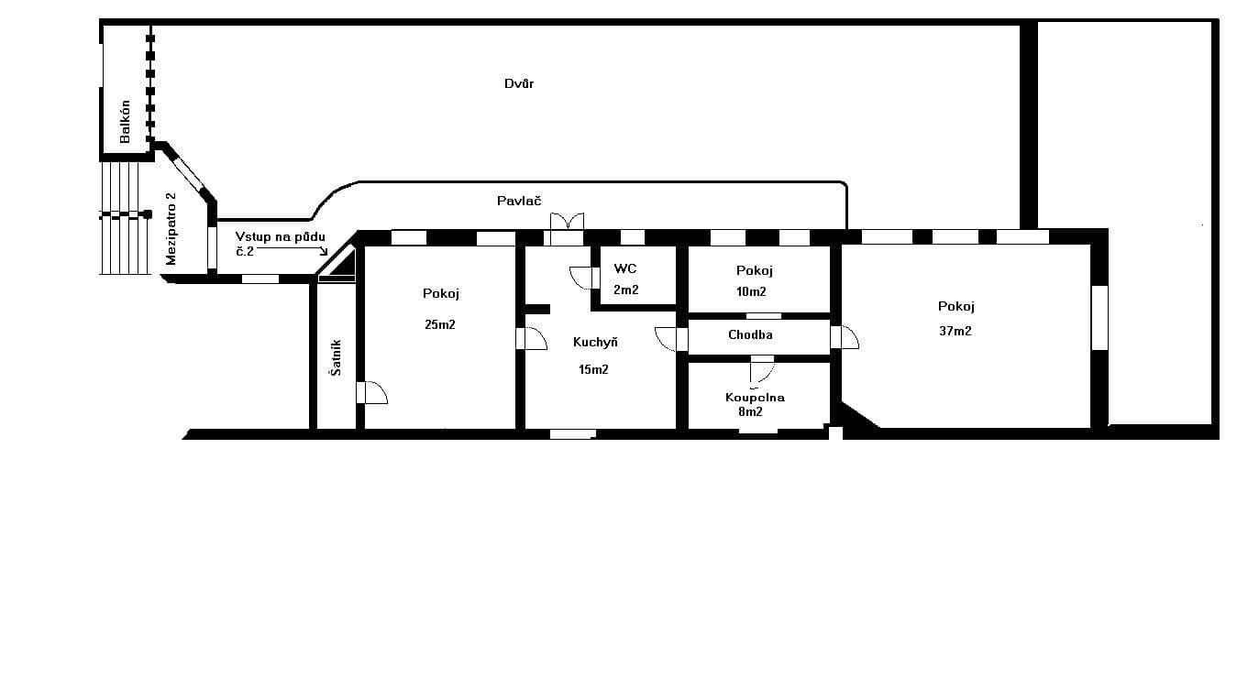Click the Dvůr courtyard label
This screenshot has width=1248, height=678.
519,84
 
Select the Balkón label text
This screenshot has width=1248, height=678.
125,122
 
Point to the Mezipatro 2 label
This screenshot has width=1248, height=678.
171,230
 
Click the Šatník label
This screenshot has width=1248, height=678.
337,357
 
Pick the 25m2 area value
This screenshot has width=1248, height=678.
440,324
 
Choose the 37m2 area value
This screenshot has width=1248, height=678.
955,331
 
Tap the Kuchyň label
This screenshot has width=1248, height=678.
595,342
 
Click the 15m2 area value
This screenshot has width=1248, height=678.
592,369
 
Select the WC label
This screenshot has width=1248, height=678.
625,269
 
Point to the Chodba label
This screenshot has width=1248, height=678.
750,334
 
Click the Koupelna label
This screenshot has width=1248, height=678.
755,398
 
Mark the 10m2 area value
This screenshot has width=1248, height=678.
751,291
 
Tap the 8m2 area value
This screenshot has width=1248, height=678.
750,412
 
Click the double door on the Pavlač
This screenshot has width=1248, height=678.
566,222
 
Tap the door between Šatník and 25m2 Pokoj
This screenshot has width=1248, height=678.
372,393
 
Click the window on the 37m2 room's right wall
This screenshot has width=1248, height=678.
1099,318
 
